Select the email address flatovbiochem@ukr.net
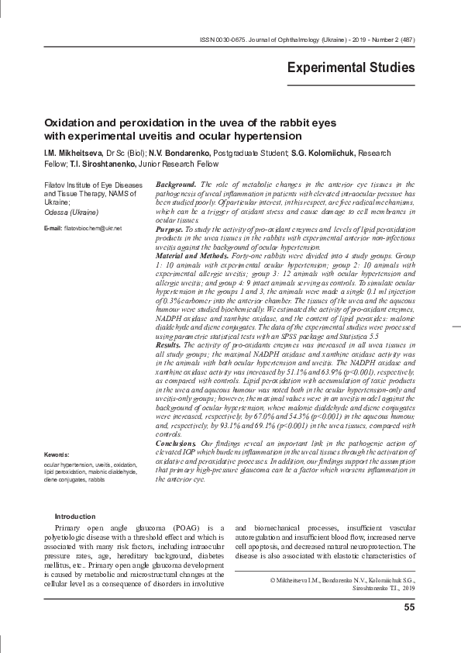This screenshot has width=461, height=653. coord(94,230)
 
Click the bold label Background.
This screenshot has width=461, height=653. coord(175,184)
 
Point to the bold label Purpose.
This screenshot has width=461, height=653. coord(170,231)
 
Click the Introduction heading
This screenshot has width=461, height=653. coord(76,517)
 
